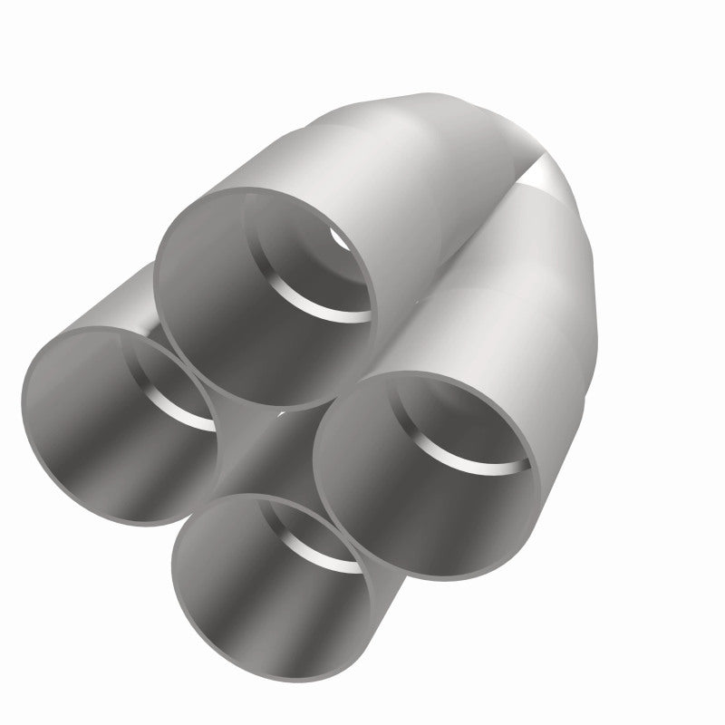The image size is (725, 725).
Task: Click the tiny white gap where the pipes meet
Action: (283, 413)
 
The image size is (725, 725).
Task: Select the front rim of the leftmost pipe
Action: (27, 426)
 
